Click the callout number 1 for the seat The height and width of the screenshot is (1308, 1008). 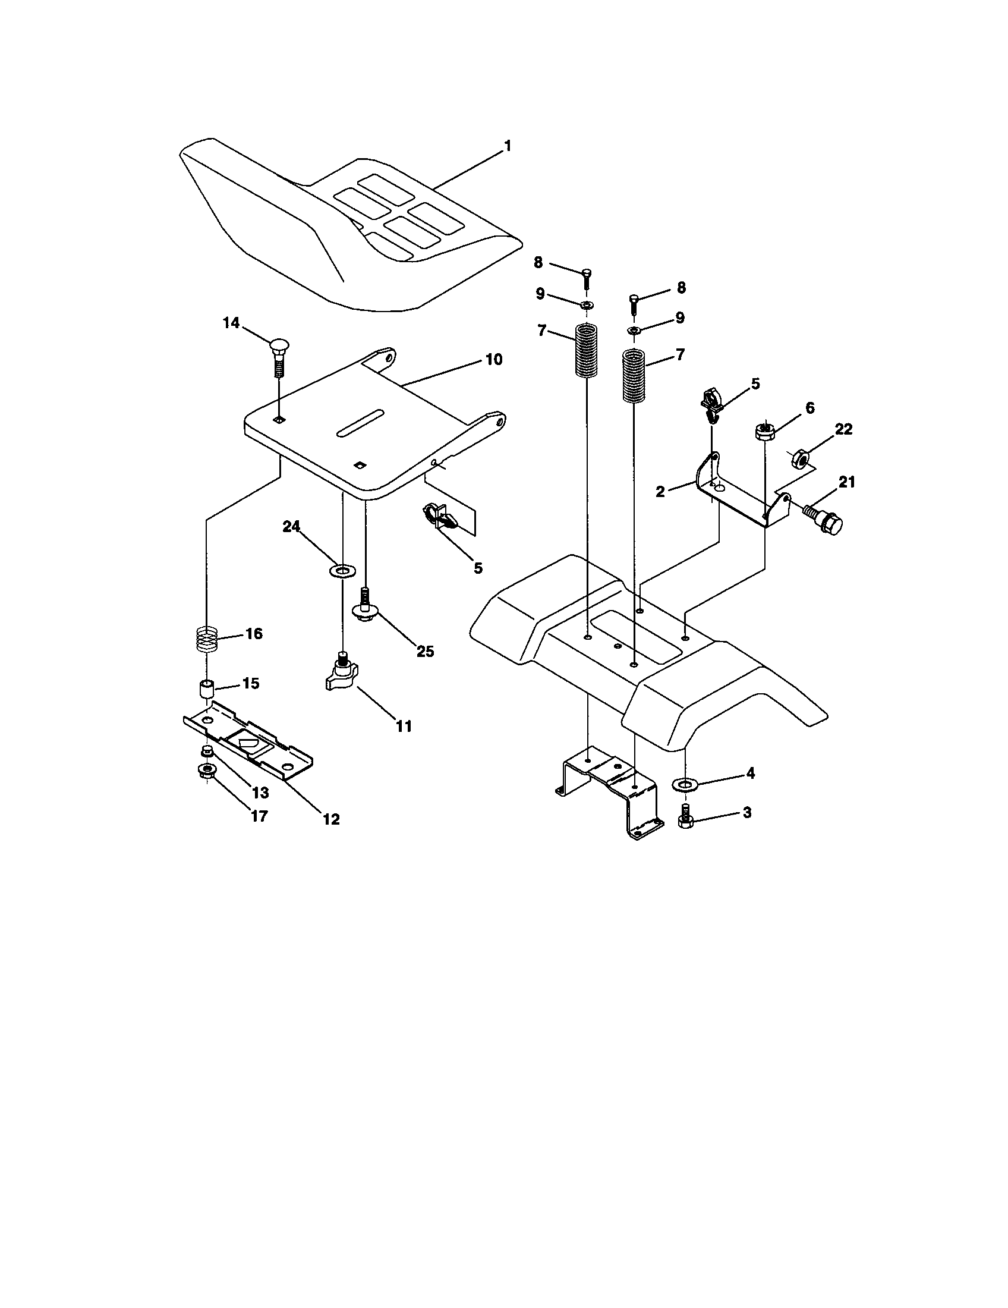coord(508,146)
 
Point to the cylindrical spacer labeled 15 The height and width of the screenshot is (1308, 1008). coord(206,689)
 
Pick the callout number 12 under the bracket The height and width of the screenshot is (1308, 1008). coord(331,819)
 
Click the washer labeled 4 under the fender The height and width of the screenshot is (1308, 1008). coord(682,784)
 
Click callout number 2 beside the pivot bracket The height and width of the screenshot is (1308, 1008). coord(660,492)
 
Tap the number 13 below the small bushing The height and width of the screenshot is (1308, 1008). coord(260,793)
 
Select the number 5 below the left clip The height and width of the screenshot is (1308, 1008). coord(478,568)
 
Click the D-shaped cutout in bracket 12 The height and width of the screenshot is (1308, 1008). coord(247,743)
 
